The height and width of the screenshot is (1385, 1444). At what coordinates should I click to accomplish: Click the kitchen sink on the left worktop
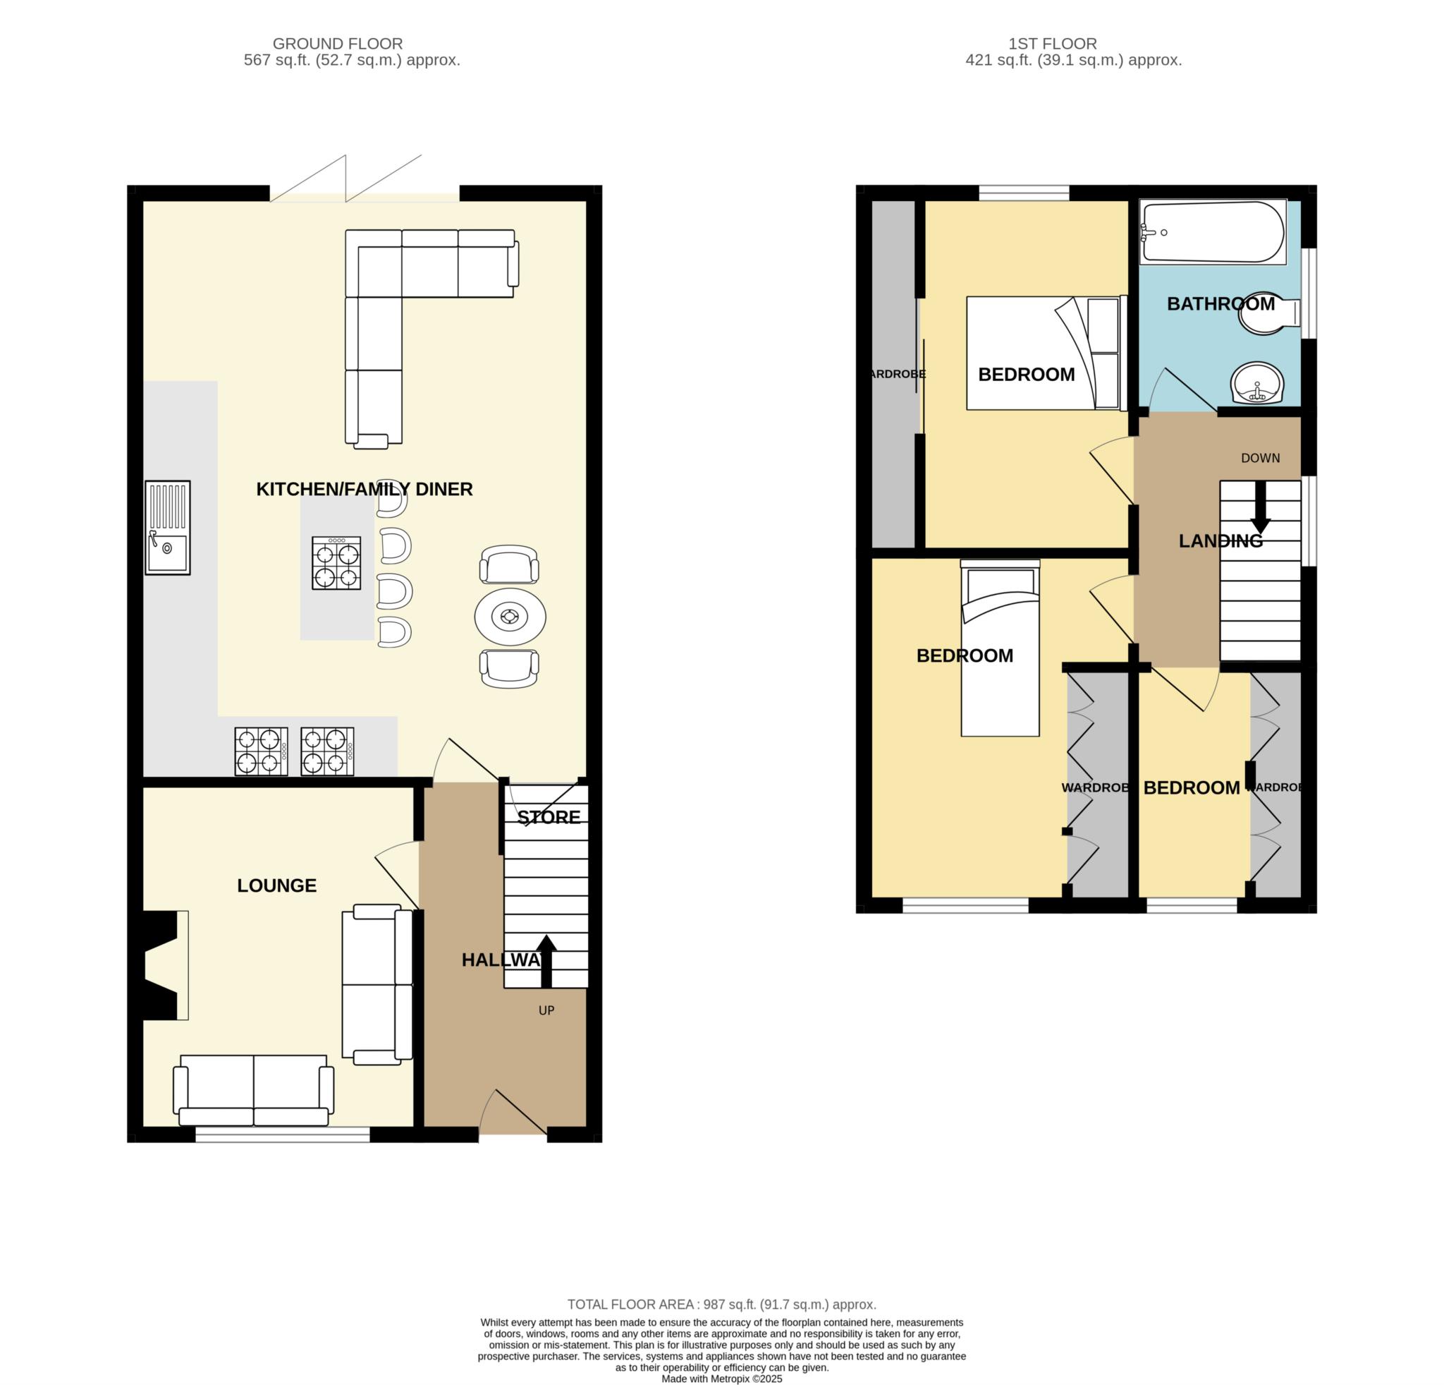click(167, 527)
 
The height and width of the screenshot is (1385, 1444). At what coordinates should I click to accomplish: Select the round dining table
click(510, 616)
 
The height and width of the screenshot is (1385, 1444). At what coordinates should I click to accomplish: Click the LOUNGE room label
click(276, 885)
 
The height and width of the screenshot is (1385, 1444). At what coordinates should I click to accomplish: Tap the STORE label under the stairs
click(548, 817)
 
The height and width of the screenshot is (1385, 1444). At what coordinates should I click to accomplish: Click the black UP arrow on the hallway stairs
click(545, 960)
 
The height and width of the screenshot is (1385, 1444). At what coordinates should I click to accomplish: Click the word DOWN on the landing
click(1260, 458)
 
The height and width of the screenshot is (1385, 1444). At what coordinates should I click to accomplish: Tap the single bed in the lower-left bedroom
click(1000, 648)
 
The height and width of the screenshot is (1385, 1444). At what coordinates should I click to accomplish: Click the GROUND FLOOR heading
click(338, 44)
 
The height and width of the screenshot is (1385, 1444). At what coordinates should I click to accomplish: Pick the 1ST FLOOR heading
click(1072, 44)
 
